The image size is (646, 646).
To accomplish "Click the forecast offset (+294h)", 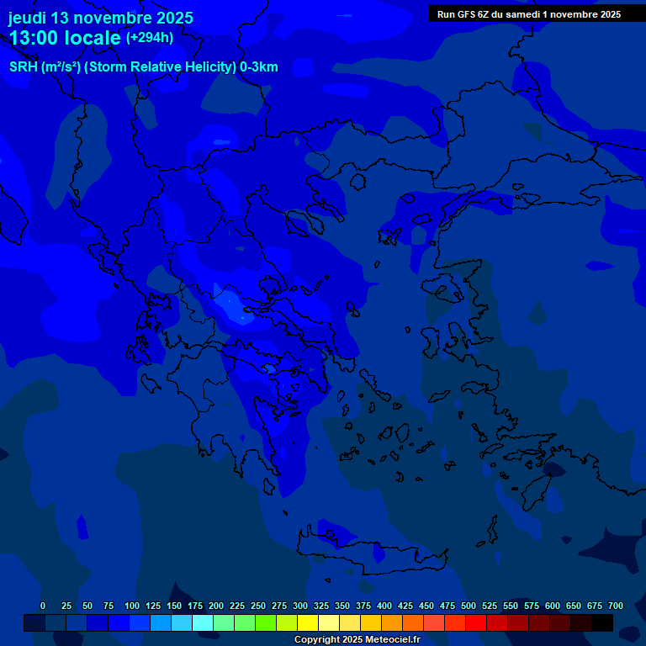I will click(150, 38).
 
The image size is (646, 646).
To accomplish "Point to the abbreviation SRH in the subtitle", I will click(24, 67).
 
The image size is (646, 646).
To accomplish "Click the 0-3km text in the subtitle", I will click(258, 67).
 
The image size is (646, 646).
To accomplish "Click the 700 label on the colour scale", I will click(616, 606).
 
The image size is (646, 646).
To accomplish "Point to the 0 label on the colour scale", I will click(43, 606).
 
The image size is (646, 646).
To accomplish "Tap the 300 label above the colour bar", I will click(300, 606).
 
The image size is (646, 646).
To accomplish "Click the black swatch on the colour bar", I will click(601, 622).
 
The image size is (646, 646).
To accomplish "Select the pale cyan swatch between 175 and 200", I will click(202, 622).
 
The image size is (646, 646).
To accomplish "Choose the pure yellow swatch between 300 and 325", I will click(307, 622).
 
